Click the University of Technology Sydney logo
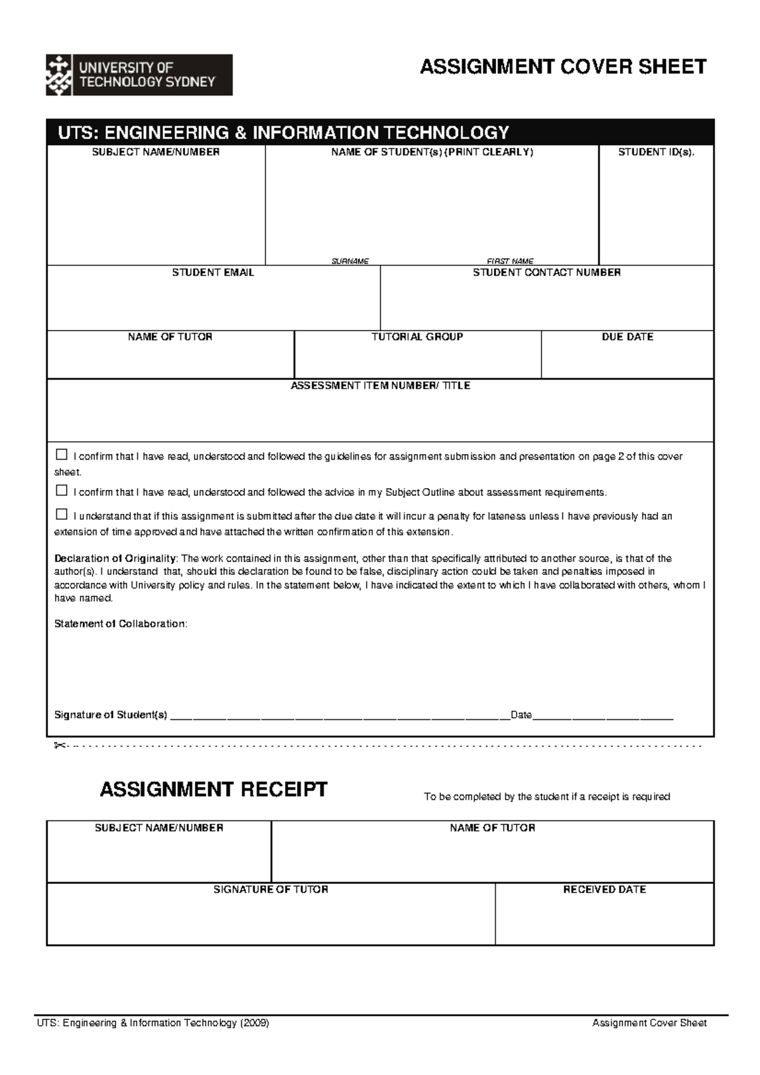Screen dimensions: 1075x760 click(x=139, y=75)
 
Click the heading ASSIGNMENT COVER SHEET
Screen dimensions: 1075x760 click(x=563, y=67)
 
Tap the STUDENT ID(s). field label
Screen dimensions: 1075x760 click(x=656, y=153)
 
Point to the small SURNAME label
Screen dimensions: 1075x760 click(x=350, y=261)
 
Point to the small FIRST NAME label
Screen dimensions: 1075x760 click(x=510, y=261)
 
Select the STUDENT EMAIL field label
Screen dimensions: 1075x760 click(x=213, y=273)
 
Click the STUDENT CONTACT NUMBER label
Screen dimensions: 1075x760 click(x=547, y=273)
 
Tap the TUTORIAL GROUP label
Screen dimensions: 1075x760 click(x=417, y=337)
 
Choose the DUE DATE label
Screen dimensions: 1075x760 click(x=627, y=337)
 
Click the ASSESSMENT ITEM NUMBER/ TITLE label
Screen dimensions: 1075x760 click(x=380, y=386)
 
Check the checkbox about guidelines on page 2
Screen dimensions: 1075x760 click(x=61, y=455)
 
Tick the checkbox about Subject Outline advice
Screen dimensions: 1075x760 click(x=61, y=491)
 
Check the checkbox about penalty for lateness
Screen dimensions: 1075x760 click(x=61, y=514)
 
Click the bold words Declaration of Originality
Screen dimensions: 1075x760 click(x=115, y=559)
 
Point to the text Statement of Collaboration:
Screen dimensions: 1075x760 click(x=120, y=624)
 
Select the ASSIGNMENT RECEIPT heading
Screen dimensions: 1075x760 click(x=213, y=790)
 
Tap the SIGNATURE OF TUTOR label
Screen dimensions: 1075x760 click(x=270, y=890)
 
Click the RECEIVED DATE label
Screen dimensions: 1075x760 click(x=604, y=890)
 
